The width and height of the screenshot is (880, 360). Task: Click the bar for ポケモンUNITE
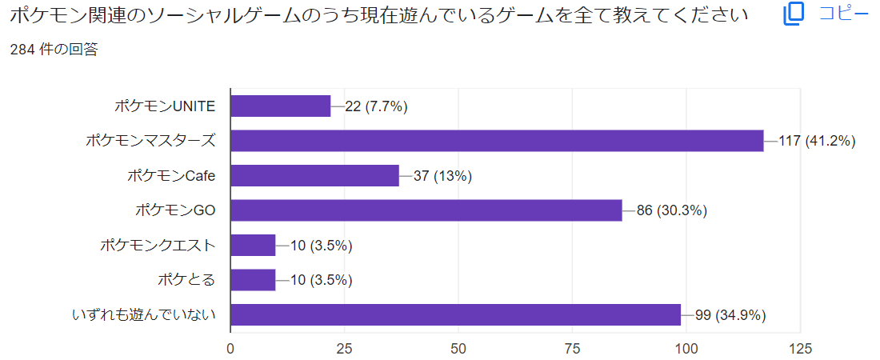[x=280, y=106]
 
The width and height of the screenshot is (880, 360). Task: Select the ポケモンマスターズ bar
[x=497, y=141]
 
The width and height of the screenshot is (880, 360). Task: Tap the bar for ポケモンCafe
[x=314, y=176]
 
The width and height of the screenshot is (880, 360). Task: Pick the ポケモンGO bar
[x=426, y=210]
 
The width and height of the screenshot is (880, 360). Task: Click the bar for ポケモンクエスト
[x=253, y=246]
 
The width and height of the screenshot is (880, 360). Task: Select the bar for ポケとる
[x=253, y=280]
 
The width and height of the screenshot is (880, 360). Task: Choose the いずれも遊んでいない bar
[x=455, y=314]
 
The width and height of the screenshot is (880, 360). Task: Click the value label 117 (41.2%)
[x=817, y=142]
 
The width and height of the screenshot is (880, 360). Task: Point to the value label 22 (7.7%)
[x=376, y=106]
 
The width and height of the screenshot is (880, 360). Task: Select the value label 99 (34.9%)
[x=730, y=315]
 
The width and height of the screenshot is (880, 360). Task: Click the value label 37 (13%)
[x=442, y=176]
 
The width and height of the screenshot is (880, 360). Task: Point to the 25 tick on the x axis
[x=344, y=348]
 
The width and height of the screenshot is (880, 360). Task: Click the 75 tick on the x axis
[x=572, y=348]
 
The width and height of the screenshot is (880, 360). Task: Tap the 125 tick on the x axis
[x=800, y=348]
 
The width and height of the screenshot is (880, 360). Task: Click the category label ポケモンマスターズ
[x=151, y=141]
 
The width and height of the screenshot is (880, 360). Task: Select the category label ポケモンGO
[x=176, y=210]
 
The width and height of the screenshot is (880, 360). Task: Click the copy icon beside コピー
[x=794, y=14]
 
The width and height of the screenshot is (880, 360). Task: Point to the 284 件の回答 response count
[x=54, y=50]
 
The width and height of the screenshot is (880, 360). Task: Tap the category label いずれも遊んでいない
[x=145, y=314]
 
